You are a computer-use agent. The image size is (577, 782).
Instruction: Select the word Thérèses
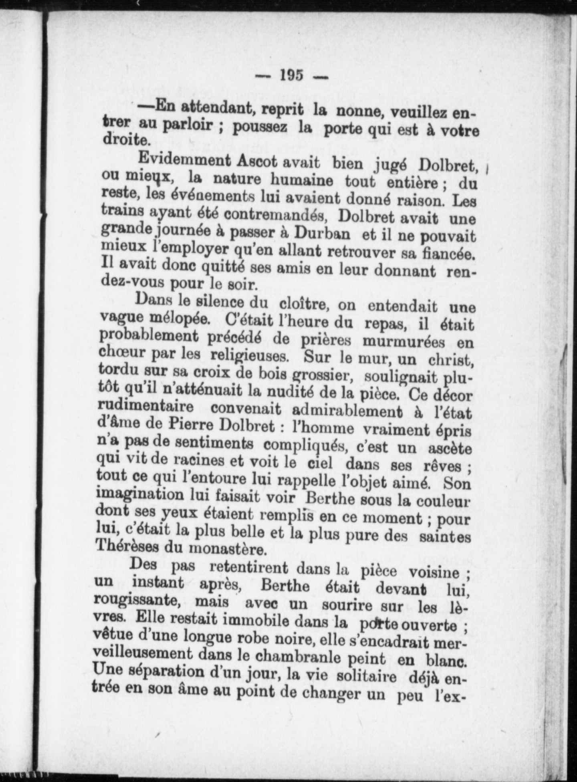click(x=127, y=548)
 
